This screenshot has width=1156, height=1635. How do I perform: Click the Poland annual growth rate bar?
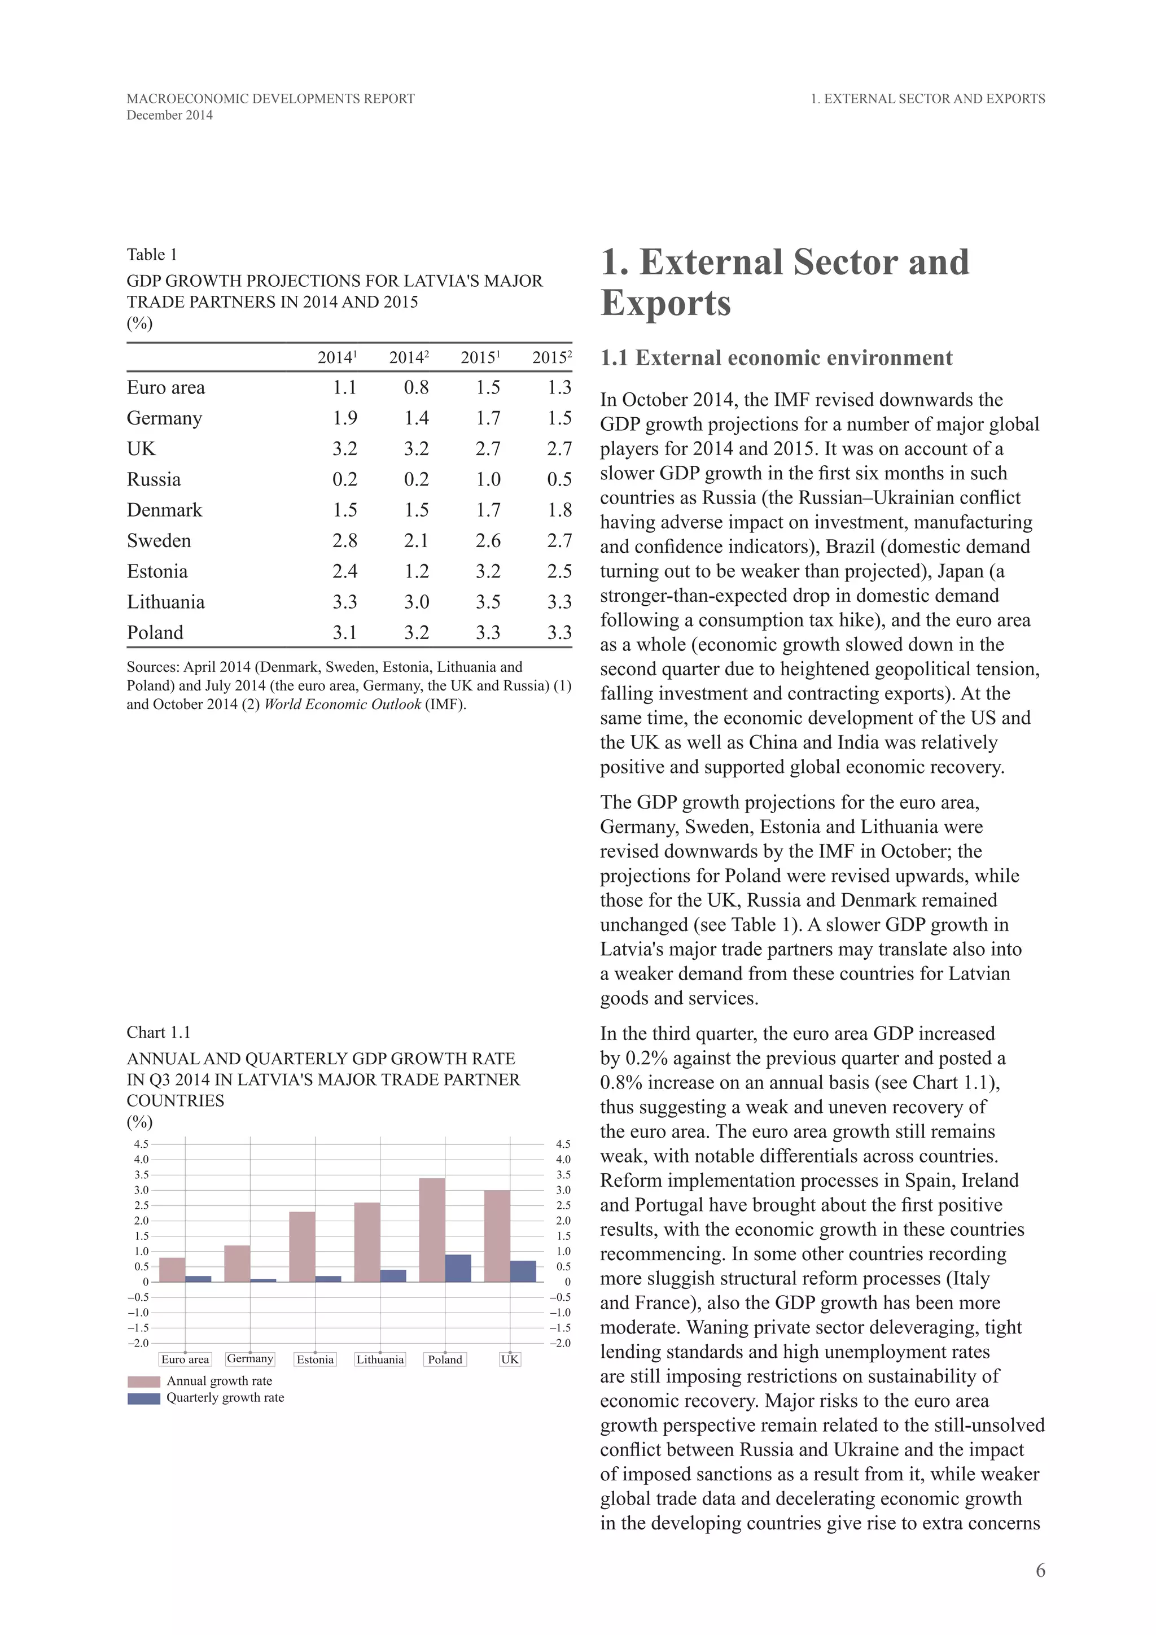[432, 1230]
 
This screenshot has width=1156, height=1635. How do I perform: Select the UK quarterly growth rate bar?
[523, 1271]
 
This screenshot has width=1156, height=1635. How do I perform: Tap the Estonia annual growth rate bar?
[302, 1247]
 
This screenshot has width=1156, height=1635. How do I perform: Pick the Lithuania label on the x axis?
[380, 1359]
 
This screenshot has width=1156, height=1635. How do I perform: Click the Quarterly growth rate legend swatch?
[144, 1398]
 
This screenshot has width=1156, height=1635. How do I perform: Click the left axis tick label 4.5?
[141, 1144]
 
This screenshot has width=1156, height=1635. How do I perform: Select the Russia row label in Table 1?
[154, 479]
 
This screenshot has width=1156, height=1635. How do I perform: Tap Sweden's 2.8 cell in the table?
[344, 540]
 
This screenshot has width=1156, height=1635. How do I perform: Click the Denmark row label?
[164, 510]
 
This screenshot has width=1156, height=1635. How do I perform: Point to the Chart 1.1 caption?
[159, 1033]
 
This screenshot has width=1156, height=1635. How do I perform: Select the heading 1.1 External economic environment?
[776, 357]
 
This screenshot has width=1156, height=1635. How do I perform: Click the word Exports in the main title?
[665, 303]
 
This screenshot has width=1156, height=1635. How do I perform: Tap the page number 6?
[1040, 1570]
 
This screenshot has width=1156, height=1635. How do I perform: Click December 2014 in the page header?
[169, 115]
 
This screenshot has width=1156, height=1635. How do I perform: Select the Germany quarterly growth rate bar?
[264, 1280]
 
